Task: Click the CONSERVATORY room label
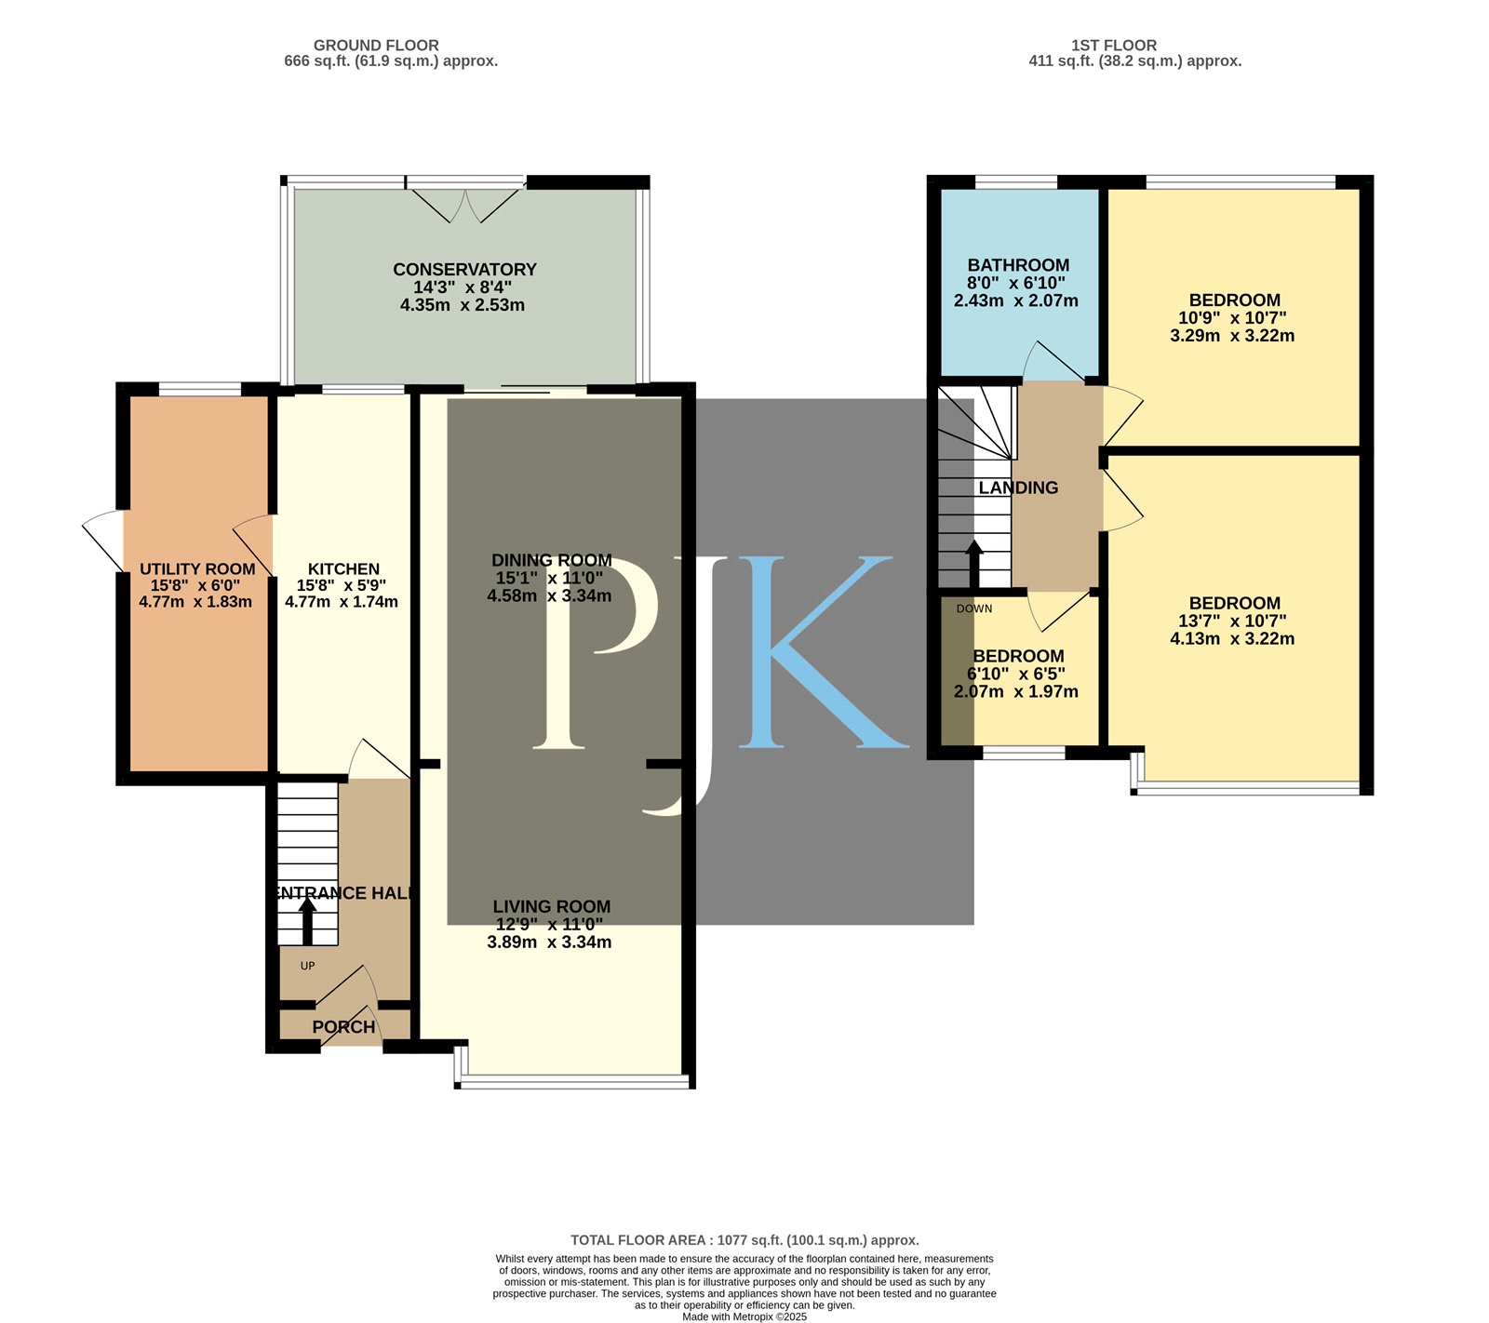click(464, 270)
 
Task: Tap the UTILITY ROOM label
click(197, 569)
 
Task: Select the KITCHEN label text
click(343, 569)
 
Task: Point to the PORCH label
click(343, 1027)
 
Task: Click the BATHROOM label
click(1018, 265)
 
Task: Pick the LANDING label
click(1018, 488)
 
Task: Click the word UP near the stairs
click(307, 966)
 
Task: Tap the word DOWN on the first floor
click(974, 608)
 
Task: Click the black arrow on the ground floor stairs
click(306, 921)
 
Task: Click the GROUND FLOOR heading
click(376, 45)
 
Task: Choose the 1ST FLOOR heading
click(1114, 45)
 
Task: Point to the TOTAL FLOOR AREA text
click(744, 1240)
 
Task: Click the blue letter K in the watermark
click(819, 651)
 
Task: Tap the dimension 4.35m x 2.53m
click(463, 305)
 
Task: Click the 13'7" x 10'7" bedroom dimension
click(1233, 621)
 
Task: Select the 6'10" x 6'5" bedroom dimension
click(1016, 674)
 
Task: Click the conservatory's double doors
click(466, 203)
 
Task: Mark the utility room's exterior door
click(104, 541)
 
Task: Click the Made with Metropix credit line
click(744, 1316)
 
